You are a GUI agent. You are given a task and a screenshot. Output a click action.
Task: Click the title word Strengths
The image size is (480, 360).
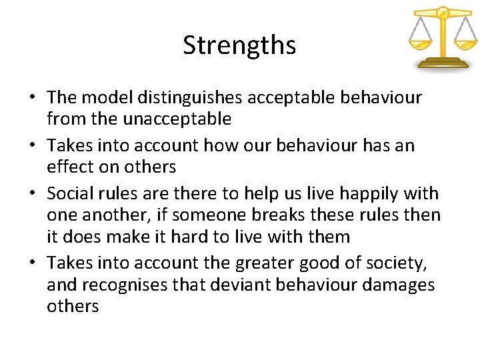(x=239, y=45)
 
